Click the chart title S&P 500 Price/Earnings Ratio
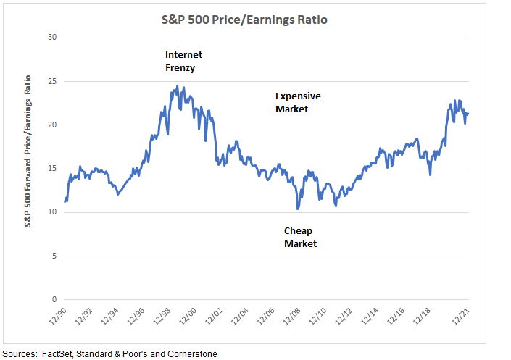(x=255, y=20)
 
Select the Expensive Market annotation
(x=297, y=102)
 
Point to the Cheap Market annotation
(x=300, y=237)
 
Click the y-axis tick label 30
(x=51, y=38)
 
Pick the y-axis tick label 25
(x=51, y=81)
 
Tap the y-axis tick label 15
(x=51, y=169)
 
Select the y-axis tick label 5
(x=53, y=256)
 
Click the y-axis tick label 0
(x=53, y=299)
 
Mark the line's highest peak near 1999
(x=178, y=86)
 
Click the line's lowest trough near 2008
(x=297, y=209)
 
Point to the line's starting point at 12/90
(x=65, y=201)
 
